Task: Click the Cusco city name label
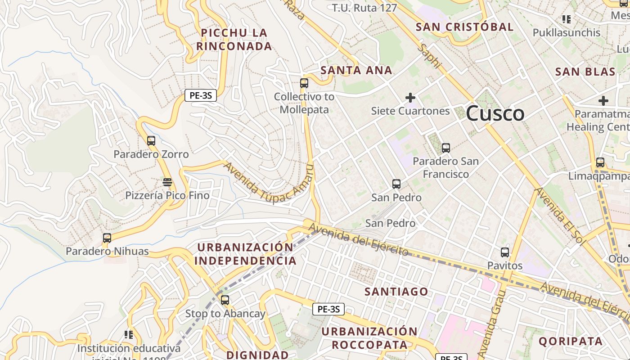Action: pyautogui.click(x=495, y=113)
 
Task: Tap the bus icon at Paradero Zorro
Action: pyautogui.click(x=151, y=140)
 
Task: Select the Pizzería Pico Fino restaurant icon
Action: pyautogui.click(x=167, y=182)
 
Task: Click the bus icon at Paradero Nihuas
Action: pyautogui.click(x=107, y=238)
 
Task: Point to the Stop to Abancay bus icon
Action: pyautogui.click(x=225, y=300)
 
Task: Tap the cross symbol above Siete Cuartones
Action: pyautogui.click(x=410, y=97)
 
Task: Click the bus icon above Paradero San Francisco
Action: pyautogui.click(x=445, y=148)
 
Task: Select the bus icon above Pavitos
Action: pyautogui.click(x=505, y=252)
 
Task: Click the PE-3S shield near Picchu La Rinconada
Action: pyautogui.click(x=201, y=95)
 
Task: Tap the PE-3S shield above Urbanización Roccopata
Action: pyautogui.click(x=328, y=309)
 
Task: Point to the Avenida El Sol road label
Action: pyautogui.click(x=560, y=216)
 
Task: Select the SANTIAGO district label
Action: pyautogui.click(x=396, y=292)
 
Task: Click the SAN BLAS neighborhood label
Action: pyautogui.click(x=585, y=72)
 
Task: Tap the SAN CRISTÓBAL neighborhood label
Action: pyautogui.click(x=464, y=27)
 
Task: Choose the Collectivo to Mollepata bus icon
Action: pyautogui.click(x=304, y=83)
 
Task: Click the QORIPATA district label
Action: pyautogui.click(x=571, y=341)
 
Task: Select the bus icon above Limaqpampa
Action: pyautogui.click(x=600, y=162)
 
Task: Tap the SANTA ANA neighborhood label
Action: pyautogui.click(x=356, y=70)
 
